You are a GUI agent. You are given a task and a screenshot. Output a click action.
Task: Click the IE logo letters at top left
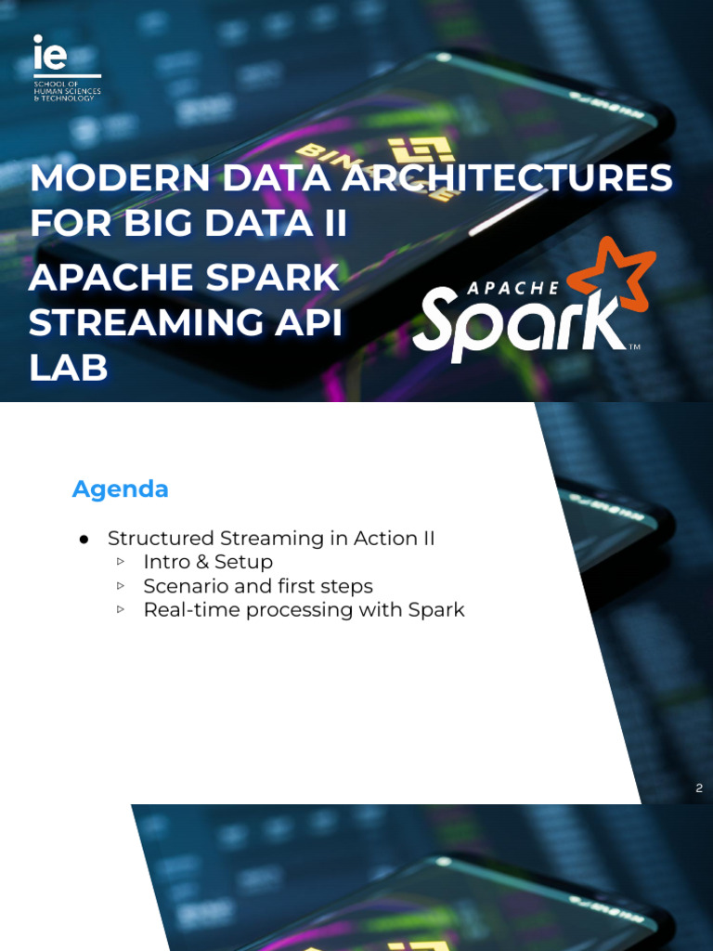point(50,54)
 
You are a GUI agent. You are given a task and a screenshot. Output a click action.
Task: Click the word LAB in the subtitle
point(68,369)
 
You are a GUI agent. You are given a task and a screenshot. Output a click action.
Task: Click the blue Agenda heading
point(121,489)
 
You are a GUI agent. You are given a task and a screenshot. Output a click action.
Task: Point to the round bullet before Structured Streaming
point(84,540)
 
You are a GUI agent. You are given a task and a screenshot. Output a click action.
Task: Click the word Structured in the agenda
point(161,539)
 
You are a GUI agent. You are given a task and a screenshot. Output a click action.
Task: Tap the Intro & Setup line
point(208,562)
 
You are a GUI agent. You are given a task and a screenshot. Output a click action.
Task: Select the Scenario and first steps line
point(258,586)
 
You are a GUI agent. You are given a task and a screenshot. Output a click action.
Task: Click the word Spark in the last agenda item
point(436,610)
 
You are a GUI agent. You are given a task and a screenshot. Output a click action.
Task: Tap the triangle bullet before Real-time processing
point(121,610)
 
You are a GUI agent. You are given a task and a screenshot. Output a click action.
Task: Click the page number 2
point(699,788)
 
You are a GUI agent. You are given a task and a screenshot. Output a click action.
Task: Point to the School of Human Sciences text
point(67,91)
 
